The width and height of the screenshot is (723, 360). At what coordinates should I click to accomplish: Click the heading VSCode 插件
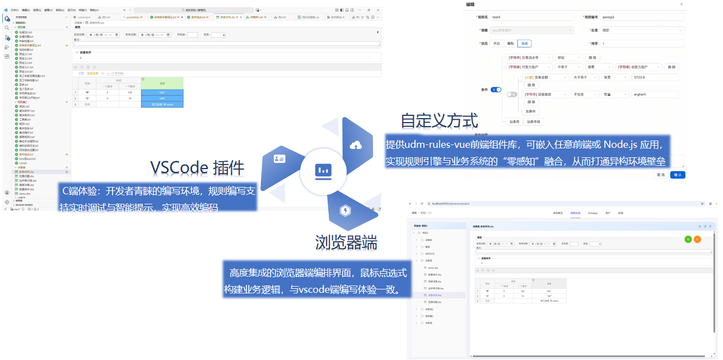click(x=197, y=168)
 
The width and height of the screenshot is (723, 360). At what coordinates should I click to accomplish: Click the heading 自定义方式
click(x=439, y=120)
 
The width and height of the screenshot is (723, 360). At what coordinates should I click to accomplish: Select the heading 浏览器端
click(x=346, y=242)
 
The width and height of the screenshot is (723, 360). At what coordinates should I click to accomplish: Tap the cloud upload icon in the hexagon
click(x=355, y=146)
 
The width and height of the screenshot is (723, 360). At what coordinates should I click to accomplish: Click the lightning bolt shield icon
click(x=345, y=211)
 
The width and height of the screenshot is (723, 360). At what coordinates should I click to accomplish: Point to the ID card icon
click(x=279, y=159)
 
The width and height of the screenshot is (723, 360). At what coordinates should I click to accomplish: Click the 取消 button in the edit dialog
click(x=661, y=175)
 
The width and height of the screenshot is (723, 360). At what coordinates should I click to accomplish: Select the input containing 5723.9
click(x=654, y=77)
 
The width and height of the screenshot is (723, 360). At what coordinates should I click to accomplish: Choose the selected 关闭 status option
click(x=524, y=43)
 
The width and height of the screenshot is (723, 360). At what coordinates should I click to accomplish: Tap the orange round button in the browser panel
click(x=697, y=239)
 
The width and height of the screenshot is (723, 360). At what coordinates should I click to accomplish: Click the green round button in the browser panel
click(x=688, y=239)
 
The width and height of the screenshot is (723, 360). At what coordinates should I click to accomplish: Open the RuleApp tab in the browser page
click(x=593, y=213)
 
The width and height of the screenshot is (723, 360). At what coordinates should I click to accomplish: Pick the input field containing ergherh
click(x=654, y=95)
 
